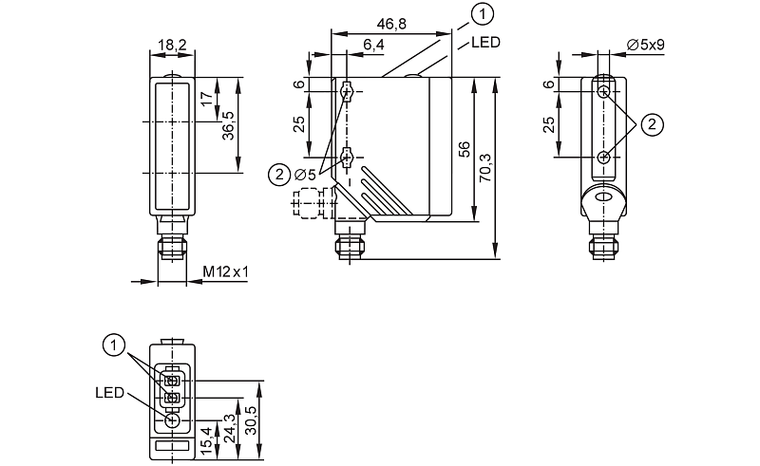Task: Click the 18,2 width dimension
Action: pos(172,45)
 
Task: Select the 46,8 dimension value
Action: pos(391,24)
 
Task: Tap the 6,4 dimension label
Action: pos(373,45)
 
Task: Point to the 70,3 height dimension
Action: pos(485,168)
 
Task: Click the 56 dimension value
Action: pos(464,149)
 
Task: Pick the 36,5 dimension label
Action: pos(228,126)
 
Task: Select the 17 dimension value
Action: pos(207,99)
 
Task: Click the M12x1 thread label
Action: pos(225,272)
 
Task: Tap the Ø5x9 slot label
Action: pos(646,45)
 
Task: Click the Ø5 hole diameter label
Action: pos(305,175)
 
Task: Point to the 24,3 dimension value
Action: pos(230,428)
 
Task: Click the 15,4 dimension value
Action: pos(206,440)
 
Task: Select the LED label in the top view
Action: pos(485,43)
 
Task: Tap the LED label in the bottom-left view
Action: pos(110,392)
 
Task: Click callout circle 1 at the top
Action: pos(483,14)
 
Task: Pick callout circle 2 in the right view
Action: pos(652,124)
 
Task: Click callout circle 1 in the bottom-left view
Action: pos(114,345)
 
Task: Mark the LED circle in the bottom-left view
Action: pos(172,420)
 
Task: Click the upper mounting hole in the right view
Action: pos(603,91)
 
